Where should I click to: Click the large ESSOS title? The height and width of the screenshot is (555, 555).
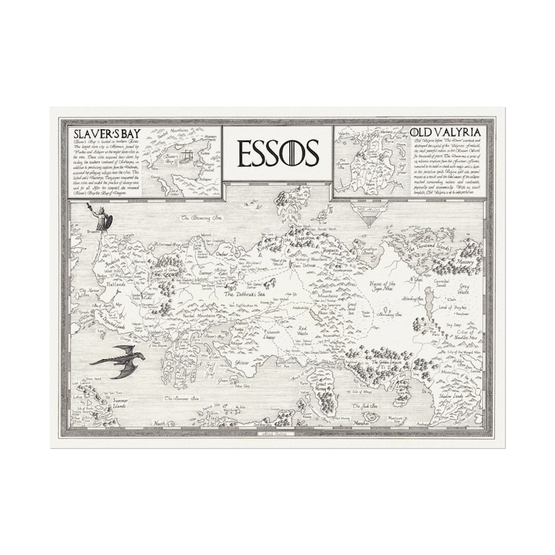pyautogui.click(x=277, y=153)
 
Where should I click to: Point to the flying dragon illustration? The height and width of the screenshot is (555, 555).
pyautogui.click(x=119, y=358)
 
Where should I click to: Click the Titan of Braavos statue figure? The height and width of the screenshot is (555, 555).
pyautogui.click(x=102, y=217)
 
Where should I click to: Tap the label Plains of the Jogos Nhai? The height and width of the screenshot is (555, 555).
pyautogui.click(x=382, y=287)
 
